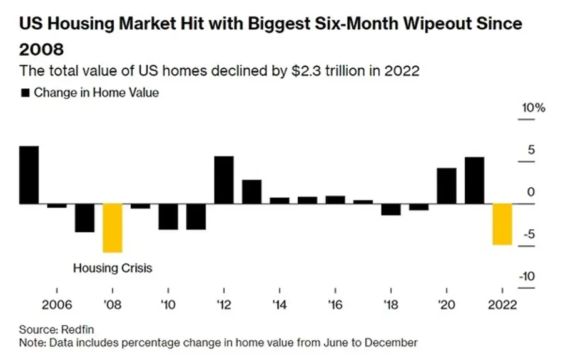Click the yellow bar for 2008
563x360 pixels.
point(113,228)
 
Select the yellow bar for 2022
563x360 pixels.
point(502,224)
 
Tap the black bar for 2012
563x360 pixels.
point(224,180)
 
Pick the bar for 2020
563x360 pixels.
point(446,186)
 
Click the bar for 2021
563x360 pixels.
point(474,180)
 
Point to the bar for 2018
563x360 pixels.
point(390,210)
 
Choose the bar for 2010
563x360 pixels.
point(168,217)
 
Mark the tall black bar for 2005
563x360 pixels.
point(29,175)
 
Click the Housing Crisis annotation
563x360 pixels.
point(113,268)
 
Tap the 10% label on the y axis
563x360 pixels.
point(533,108)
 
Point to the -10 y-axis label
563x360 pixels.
point(527,276)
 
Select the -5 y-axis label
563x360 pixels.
point(529,234)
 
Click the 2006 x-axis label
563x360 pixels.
point(57,305)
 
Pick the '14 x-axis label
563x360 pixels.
point(279,305)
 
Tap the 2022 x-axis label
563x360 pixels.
point(502,305)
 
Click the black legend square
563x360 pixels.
point(25,93)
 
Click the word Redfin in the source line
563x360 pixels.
point(78,329)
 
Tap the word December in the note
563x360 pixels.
point(391,342)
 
